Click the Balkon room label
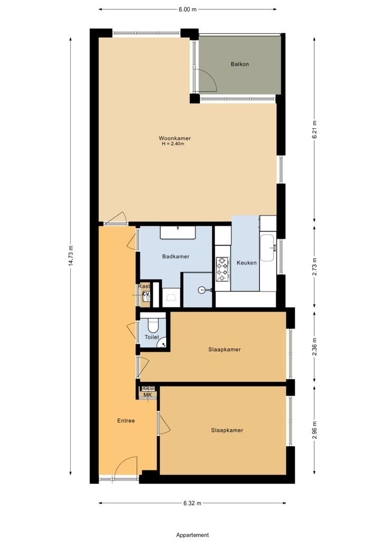point(239,64)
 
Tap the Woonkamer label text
point(175,138)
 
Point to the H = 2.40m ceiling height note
point(173,144)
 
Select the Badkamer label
point(176,257)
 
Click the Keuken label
point(246,263)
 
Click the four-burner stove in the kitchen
point(222,269)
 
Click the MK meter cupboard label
point(148,395)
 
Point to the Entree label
point(126,420)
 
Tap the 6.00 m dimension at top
point(187,10)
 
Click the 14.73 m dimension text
point(71,256)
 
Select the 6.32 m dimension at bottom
point(192,503)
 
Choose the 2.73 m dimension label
point(314,267)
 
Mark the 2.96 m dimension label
point(314,430)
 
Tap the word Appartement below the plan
point(192,535)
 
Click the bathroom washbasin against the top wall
point(178,232)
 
